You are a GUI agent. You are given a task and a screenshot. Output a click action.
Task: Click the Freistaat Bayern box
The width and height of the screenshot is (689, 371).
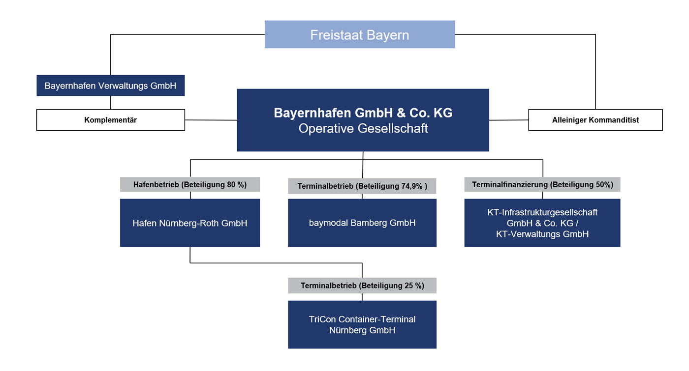pyautogui.click(x=360, y=34)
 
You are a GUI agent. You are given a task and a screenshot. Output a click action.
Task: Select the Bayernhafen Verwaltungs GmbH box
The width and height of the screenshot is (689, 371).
pyautogui.click(x=110, y=86)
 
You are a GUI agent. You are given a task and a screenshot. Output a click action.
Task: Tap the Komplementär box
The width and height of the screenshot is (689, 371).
pyautogui.click(x=110, y=120)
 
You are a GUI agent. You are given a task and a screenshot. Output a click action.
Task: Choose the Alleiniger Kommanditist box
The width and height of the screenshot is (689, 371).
pyautogui.click(x=595, y=120)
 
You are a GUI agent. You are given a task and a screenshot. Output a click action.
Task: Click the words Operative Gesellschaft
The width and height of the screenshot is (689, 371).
pyautogui.click(x=363, y=128)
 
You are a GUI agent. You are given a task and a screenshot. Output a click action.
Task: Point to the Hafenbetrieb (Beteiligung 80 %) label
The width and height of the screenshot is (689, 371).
pyautogui.click(x=190, y=184)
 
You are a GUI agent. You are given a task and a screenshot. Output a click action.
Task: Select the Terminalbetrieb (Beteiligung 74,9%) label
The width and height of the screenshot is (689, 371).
pyautogui.click(x=362, y=186)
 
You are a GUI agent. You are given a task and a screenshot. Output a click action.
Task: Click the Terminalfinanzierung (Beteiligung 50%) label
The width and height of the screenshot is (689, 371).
pyautogui.click(x=542, y=184)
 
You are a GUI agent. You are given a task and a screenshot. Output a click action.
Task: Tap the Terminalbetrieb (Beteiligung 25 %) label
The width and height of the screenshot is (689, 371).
pyautogui.click(x=362, y=285)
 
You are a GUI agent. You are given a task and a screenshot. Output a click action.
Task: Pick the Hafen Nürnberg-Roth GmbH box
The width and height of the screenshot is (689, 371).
pyautogui.click(x=190, y=223)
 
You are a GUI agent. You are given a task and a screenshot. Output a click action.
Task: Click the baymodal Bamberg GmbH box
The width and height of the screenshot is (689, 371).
pyautogui.click(x=362, y=223)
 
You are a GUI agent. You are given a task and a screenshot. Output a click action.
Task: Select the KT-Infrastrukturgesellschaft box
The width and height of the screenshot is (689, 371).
pyautogui.click(x=542, y=223)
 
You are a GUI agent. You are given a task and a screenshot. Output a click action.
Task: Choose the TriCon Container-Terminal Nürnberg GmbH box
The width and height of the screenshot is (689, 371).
pyautogui.click(x=362, y=324)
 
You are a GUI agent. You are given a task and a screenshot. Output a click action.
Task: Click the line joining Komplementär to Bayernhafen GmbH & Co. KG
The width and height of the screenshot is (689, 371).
pyautogui.click(x=211, y=120)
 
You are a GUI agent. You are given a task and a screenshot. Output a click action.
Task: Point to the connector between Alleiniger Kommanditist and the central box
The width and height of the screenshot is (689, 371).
pyautogui.click(x=509, y=120)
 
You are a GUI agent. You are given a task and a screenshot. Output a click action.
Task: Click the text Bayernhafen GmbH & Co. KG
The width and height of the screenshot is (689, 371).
pyautogui.click(x=363, y=113)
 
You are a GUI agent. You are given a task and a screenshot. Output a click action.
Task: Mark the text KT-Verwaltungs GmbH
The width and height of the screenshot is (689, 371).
pyautogui.click(x=542, y=234)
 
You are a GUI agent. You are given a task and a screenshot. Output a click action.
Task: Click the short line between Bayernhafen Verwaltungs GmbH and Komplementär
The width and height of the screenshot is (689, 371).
pyautogui.click(x=110, y=103)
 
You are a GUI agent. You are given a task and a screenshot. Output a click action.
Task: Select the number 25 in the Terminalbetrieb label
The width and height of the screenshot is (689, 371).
pyautogui.click(x=409, y=285)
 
